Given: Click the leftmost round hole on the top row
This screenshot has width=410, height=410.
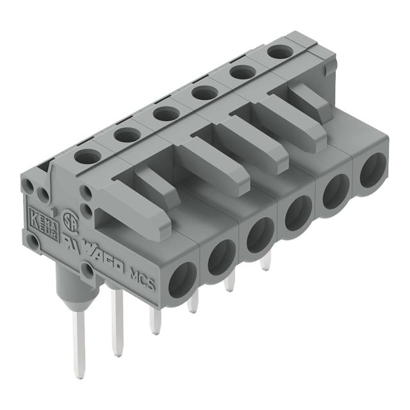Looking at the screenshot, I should (x=88, y=156).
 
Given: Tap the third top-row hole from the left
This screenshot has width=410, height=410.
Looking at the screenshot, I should (x=166, y=114).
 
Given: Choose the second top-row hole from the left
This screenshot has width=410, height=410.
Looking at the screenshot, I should (x=127, y=135).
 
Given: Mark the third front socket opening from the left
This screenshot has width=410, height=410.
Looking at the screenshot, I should (x=259, y=235).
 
